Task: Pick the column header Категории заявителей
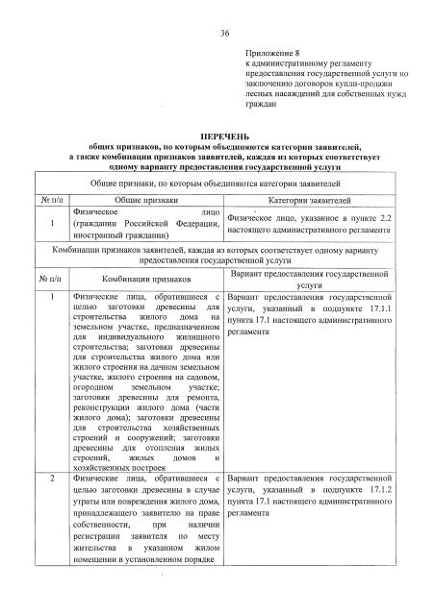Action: pos(310,201)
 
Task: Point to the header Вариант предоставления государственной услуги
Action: pos(310,279)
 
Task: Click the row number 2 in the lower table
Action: pos(51,478)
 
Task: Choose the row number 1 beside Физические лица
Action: pos(51,297)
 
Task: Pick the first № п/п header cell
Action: pos(51,201)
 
